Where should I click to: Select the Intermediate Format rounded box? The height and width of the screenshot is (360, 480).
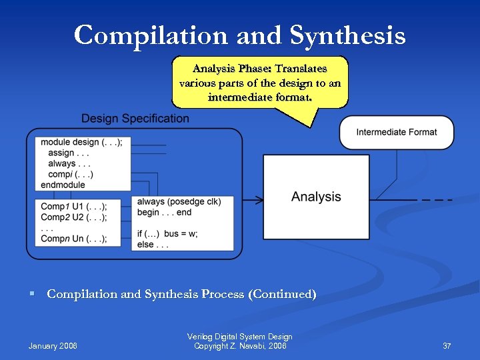coord(396,132)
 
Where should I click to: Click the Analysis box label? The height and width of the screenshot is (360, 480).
coord(316,197)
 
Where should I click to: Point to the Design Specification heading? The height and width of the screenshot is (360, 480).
coord(135,119)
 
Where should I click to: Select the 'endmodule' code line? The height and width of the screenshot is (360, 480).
coord(63,185)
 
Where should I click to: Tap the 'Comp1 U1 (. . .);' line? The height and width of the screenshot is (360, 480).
coord(73,206)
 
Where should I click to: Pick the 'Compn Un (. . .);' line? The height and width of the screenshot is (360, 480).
coord(73,239)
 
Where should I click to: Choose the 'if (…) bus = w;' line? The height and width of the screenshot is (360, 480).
coord(167,234)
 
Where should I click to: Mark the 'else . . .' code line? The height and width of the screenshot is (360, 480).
coord(153,245)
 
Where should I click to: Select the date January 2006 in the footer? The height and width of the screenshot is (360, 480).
coord(53,346)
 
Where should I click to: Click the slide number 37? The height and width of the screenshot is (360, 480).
coord(447,346)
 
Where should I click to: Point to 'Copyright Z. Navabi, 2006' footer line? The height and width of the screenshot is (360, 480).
coord(240,346)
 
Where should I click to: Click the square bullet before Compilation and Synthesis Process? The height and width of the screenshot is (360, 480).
coord(32,294)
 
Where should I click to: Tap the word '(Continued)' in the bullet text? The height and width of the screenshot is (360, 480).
coord(282,294)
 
